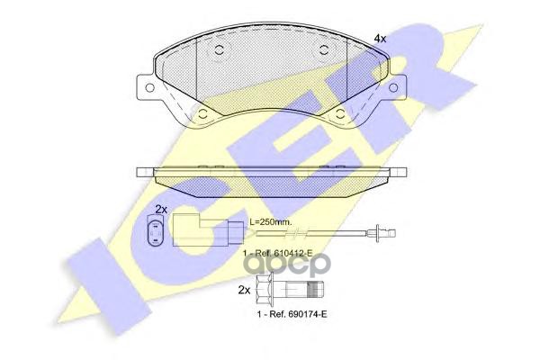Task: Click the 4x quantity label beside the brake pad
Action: coord(380,39)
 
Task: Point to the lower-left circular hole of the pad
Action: coord(204,114)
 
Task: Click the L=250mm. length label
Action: coord(271,221)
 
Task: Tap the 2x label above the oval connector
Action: coord(160,209)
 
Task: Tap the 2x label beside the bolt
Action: coord(243,290)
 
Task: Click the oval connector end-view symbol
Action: coord(153,235)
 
